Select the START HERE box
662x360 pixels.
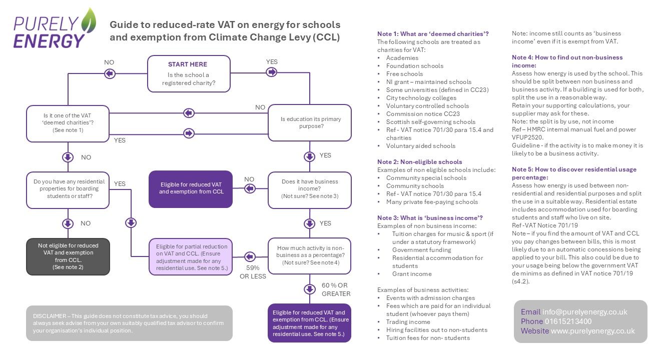click(189, 73)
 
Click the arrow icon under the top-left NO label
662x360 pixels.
click(109, 73)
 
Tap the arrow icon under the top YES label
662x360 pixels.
click(272, 72)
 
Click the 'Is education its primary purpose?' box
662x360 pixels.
click(310, 123)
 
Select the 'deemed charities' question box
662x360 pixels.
click(68, 123)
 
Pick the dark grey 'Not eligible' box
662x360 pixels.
click(68, 256)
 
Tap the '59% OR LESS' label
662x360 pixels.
click(253, 272)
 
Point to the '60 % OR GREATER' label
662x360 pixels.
click(336, 289)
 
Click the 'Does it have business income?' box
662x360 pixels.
click(310, 189)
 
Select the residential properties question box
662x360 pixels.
click(68, 189)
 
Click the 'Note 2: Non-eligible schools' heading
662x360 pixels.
click(419, 161)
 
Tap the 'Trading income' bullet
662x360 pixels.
click(408, 322)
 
